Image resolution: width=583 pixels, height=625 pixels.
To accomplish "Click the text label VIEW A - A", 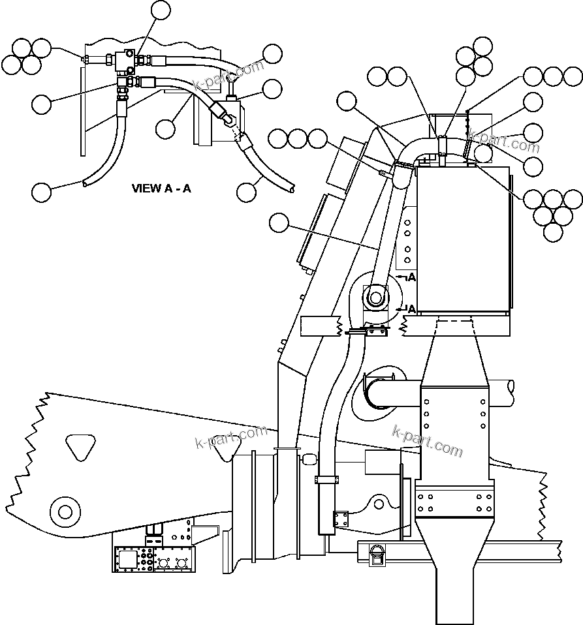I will [x=161, y=189].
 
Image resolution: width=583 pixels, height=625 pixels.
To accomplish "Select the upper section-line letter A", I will [x=411, y=278].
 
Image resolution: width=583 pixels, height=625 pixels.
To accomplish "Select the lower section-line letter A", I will [x=411, y=308].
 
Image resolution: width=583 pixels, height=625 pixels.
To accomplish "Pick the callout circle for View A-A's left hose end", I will [x=41, y=192].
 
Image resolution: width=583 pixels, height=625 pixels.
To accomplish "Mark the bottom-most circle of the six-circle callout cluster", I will [x=552, y=232].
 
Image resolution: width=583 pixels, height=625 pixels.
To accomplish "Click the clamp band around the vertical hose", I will [x=326, y=480].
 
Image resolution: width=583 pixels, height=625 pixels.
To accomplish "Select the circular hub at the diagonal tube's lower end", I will [x=375, y=297].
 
